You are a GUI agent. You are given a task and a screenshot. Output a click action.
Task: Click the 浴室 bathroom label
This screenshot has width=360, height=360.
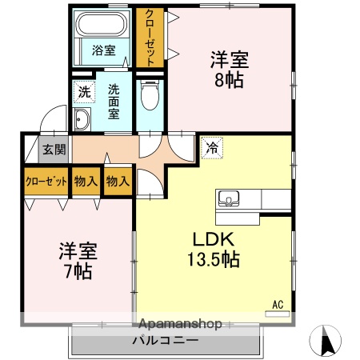coord(102,50)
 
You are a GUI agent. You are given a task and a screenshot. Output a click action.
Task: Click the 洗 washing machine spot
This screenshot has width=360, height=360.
coord(84,91)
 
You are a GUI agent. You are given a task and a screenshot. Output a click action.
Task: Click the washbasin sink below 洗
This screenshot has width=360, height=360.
coord(82,120)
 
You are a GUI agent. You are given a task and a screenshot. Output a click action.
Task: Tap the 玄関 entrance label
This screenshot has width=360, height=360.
coord(54,149)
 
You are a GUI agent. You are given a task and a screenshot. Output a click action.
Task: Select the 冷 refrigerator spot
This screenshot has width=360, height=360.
coord(211,147)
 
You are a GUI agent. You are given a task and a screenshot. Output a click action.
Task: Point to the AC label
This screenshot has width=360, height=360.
coord(278,304)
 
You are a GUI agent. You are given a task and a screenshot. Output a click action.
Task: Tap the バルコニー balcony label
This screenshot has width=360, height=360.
coord(166,341)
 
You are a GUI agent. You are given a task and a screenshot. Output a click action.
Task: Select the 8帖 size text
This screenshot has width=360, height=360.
coord(229,78)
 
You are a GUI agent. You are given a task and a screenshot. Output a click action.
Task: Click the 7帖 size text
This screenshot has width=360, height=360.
coord(77,271)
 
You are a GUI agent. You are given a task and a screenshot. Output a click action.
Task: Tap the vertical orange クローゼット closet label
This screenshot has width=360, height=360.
coord(148,37)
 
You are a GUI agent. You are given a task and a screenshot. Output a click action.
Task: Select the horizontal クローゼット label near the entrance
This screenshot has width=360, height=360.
coord(45,181)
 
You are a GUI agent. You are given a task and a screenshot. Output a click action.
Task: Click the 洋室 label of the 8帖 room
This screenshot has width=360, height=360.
coord(229,59)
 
